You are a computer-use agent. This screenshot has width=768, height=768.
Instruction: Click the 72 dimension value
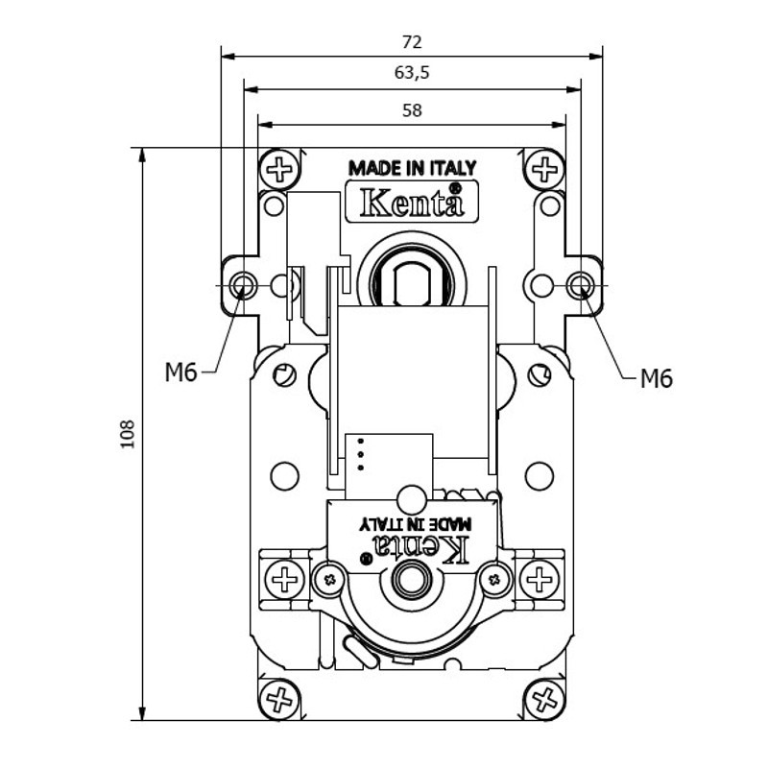click(412, 42)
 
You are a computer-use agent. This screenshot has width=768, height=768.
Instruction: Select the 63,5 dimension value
click(412, 72)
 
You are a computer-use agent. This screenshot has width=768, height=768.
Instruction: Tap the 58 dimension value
click(412, 110)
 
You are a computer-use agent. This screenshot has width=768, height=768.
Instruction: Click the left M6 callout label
click(180, 372)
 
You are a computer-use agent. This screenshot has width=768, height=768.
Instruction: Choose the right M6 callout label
click(657, 379)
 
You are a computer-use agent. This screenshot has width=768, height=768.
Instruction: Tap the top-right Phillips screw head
click(544, 171)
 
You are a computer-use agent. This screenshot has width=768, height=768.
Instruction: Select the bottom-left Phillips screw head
click(280, 698)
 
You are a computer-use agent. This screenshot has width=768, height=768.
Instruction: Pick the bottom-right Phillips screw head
click(543, 698)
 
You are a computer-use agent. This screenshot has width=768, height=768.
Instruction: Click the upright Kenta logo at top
click(412, 203)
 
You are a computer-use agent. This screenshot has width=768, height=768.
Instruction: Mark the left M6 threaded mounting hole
click(243, 285)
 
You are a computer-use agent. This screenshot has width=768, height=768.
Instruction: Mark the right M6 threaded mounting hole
click(582, 285)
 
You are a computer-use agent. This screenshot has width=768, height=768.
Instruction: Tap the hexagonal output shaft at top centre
click(411, 280)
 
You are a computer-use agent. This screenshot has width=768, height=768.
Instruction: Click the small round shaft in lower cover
click(412, 579)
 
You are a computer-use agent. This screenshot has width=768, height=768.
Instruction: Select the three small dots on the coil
click(361, 454)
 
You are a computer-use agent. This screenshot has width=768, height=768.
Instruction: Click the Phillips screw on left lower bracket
click(283, 579)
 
